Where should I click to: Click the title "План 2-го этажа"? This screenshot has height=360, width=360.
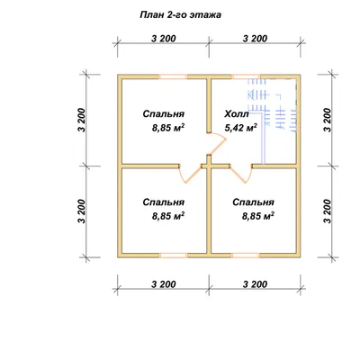click(x=181, y=15)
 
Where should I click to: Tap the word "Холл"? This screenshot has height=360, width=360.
click(x=237, y=114)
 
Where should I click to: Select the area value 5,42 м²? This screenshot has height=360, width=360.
click(x=241, y=128)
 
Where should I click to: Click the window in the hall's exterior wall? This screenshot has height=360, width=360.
click(x=247, y=76)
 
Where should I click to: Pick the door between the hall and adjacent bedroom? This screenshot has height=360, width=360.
click(x=217, y=144)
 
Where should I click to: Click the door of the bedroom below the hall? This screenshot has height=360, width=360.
click(x=241, y=174)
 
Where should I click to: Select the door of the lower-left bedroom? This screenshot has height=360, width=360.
click(x=190, y=173)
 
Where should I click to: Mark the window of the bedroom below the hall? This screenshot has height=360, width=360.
click(x=247, y=256)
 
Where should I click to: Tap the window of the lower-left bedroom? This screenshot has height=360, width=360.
click(x=173, y=256)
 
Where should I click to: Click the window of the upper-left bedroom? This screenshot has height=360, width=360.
click(x=173, y=76)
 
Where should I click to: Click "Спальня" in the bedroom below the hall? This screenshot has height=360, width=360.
click(x=253, y=202)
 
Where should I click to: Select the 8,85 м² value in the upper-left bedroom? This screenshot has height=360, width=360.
click(x=168, y=128)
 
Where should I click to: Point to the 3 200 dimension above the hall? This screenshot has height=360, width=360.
click(x=255, y=39)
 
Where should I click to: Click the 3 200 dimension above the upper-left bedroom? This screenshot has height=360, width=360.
click(x=164, y=39)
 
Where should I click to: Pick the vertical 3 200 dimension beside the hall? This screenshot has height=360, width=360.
click(x=328, y=120)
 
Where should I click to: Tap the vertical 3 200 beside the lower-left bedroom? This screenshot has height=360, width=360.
click(x=82, y=211)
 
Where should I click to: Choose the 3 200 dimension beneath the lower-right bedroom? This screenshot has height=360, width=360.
click(x=255, y=283)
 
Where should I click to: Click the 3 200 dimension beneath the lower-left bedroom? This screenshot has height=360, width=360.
click(x=164, y=283)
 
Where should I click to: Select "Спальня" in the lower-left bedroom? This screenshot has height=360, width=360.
click(x=164, y=202)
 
